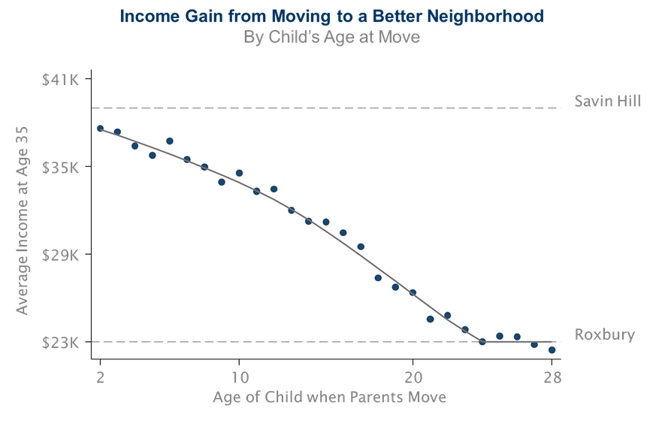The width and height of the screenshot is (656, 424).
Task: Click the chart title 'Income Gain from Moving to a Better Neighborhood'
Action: pyautogui.click(x=331, y=16)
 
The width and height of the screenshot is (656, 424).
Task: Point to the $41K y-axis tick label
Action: pyautogui.click(x=61, y=80)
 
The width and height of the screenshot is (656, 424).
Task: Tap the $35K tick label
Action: pyautogui.click(x=61, y=167)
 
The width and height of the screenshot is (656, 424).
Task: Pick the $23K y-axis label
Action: pyautogui.click(x=61, y=343)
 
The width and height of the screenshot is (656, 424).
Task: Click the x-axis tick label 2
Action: pyautogui.click(x=100, y=377)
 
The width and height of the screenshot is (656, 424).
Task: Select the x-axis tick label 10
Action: pyautogui.click(x=239, y=377)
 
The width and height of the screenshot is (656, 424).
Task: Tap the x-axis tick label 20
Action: pyautogui.click(x=413, y=377)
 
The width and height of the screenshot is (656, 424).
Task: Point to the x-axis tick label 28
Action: pyautogui.click(x=552, y=377)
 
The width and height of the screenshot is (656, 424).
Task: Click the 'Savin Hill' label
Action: pyautogui.click(x=607, y=101)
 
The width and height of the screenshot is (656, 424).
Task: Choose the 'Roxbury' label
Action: pyautogui.click(x=605, y=335)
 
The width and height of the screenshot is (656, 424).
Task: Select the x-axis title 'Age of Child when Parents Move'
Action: pyautogui.click(x=329, y=397)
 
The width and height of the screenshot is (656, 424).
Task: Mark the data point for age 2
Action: pyautogui.click(x=100, y=129)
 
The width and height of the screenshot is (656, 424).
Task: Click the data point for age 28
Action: pyautogui.click(x=552, y=350)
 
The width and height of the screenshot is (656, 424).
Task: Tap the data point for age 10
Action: pyautogui.click(x=239, y=173)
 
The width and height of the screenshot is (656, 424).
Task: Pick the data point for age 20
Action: pyautogui.click(x=413, y=292)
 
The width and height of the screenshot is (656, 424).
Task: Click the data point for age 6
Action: pyautogui.click(x=170, y=141)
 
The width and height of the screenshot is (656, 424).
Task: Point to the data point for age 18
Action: pyautogui.click(x=378, y=277)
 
